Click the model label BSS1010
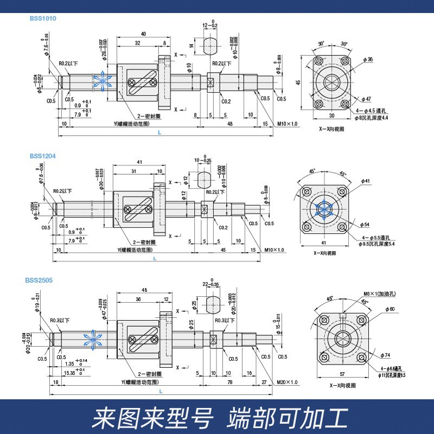pyautogui.click(x=43, y=18)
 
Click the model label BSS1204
pyautogui.click(x=43, y=156)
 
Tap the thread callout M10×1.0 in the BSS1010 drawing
pyautogui.click(x=288, y=124)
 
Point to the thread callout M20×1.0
pyautogui.click(x=287, y=382)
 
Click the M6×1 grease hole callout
pyautogui.click(x=379, y=293)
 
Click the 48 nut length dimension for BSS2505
pyautogui.click(x=144, y=290)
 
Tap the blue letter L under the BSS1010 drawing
pyautogui.click(x=158, y=132)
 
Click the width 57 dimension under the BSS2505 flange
pyautogui.click(x=341, y=374)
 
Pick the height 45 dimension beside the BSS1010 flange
pyautogui.click(x=297, y=82)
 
